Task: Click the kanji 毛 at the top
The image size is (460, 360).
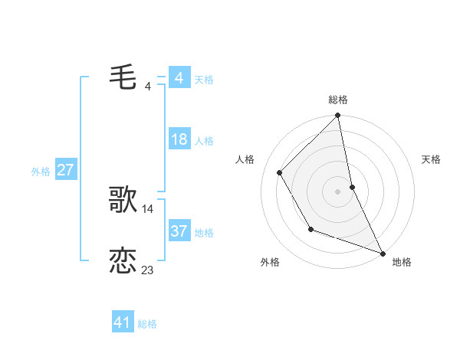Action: tap(123, 79)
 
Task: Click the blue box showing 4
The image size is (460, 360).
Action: tap(179, 79)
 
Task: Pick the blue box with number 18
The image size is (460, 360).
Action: tap(179, 140)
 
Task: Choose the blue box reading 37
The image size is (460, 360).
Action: tap(179, 231)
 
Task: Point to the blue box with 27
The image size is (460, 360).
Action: tap(65, 170)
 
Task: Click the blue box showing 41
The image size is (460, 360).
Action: tap(123, 322)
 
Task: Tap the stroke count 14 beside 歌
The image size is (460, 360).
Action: tap(148, 208)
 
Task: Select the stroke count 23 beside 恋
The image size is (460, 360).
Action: tap(147, 270)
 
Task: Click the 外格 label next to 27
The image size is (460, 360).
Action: tap(41, 172)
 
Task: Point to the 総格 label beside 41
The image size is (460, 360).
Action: tap(147, 324)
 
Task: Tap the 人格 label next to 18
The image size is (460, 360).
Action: tap(204, 142)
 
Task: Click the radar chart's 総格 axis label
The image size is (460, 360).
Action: tap(338, 100)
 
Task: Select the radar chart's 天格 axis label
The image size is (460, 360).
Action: tap(432, 159)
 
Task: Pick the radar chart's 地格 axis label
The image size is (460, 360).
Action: tap(402, 262)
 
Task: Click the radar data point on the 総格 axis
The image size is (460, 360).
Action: tap(338, 116)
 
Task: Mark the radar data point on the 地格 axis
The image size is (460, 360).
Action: tap(383, 252)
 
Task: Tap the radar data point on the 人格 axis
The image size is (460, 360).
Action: tap(280, 172)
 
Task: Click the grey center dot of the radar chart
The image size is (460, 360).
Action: tap(338, 191)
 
